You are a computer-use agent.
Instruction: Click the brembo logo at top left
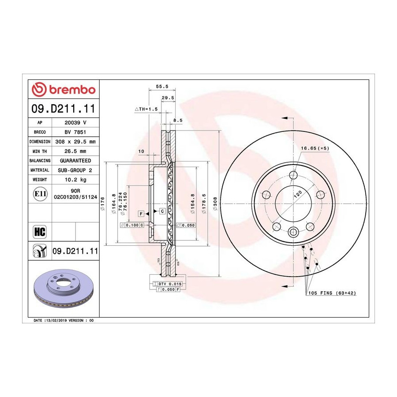64,90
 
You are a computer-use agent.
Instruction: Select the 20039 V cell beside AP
75,123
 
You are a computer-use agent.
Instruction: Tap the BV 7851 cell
75,132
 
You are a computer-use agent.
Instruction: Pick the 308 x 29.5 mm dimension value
75,142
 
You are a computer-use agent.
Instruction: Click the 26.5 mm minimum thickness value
75,151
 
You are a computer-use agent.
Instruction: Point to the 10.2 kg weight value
75,180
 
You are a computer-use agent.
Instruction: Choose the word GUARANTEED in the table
75,161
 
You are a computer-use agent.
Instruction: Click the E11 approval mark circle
40,194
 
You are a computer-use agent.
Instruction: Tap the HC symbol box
40,232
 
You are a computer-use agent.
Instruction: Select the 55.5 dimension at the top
162,86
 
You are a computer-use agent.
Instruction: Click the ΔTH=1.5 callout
146,109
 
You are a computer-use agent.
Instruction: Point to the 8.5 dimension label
178,120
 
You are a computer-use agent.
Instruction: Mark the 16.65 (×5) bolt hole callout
315,148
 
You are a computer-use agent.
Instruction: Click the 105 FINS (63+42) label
332,293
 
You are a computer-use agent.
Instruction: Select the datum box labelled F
141,213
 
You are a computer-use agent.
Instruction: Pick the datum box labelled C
162,211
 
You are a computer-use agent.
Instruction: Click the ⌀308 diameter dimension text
215,203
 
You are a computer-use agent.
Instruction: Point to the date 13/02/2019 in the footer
56,320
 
